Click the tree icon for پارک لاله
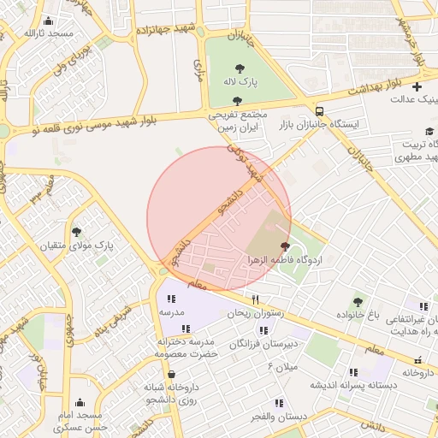point(239,68)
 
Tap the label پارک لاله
point(240,82)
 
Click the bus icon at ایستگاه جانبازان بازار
point(319,111)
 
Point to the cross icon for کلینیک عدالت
point(417,86)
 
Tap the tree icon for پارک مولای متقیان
point(76,232)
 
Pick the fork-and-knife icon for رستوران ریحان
point(254,299)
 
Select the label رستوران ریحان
point(254,314)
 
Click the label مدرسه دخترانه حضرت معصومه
point(187,346)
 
